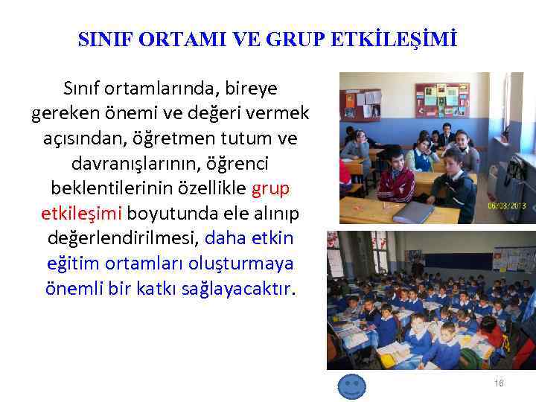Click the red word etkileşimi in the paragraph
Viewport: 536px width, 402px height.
[80, 214]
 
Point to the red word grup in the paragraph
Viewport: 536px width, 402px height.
[271, 188]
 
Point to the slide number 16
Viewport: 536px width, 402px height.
[499, 383]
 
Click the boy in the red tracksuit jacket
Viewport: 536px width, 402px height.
[395, 176]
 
